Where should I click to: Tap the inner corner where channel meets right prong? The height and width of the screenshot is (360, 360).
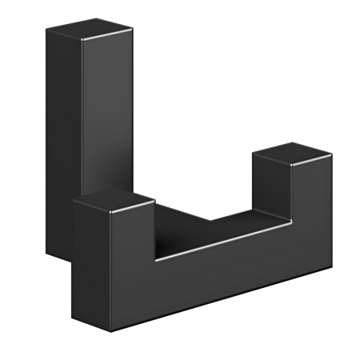[x=255, y=216]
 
